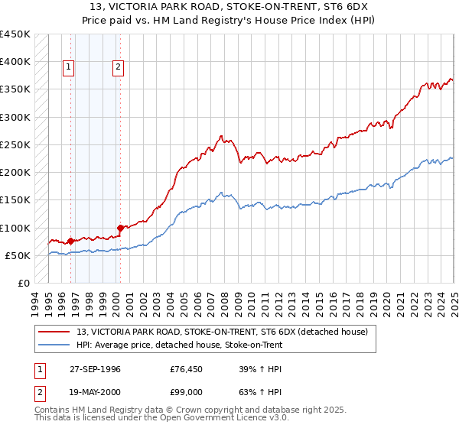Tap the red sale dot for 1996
coord(70,241)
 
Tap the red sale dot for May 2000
coord(120,228)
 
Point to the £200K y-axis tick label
coord(15,173)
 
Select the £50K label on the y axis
coord(18,255)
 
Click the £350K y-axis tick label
coord(15,89)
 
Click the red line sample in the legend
coord(55,332)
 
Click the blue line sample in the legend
coord(55,345)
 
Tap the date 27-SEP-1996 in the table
coord(94,369)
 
